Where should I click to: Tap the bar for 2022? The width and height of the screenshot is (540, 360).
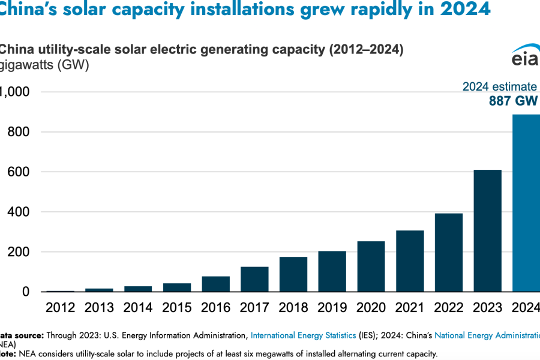pos(449,253)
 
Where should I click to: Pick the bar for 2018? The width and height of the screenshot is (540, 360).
pos(293,274)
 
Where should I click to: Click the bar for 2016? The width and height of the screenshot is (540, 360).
pos(215,284)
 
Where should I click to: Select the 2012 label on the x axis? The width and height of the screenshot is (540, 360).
pos(60,308)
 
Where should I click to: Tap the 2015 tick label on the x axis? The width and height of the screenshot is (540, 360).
pos(176,308)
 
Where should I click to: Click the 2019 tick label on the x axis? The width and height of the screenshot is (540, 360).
pos(332,308)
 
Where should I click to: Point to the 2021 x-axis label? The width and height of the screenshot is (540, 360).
pos(410,308)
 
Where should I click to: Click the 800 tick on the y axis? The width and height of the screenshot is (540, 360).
pos(19,132)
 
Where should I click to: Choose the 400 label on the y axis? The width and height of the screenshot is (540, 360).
pos(19,212)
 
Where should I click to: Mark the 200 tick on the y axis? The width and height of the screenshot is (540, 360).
pos(19,252)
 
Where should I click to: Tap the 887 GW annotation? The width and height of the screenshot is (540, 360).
pos(513,101)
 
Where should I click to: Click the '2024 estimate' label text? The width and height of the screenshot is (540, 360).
pos(499,87)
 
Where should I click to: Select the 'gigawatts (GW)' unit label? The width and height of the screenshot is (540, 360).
pos(44,65)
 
